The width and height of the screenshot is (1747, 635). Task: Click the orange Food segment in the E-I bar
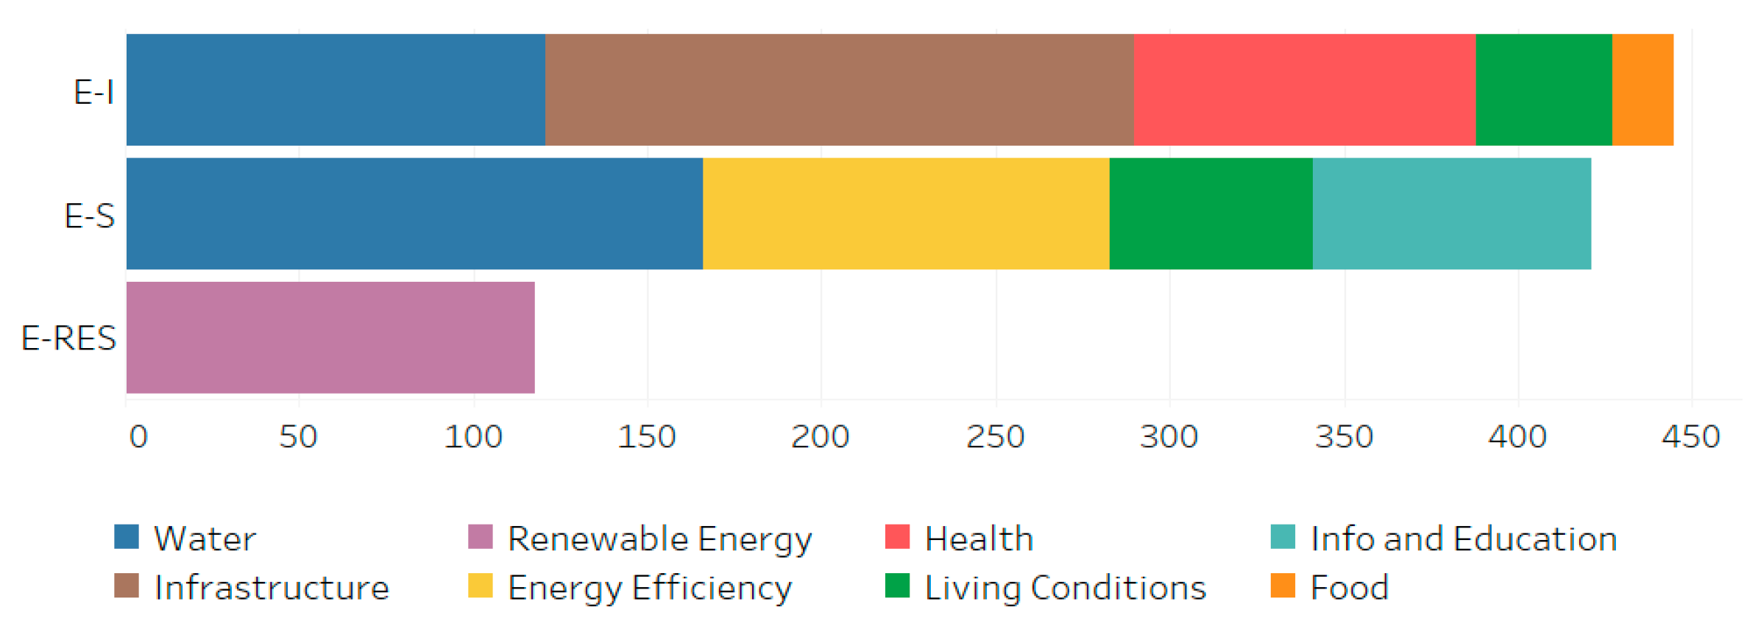[x=1643, y=90]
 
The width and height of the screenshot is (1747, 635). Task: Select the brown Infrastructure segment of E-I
[x=839, y=90]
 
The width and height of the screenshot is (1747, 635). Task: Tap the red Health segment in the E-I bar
[x=1304, y=90]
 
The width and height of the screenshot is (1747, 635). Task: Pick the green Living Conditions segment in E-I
[x=1543, y=90]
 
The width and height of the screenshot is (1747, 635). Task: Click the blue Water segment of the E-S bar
[x=414, y=213]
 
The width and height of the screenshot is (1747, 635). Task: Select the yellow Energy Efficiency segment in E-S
[x=906, y=213]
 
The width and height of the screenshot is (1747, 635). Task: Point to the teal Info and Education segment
[x=1451, y=213]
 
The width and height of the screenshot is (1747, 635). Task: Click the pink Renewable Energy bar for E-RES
[x=330, y=338]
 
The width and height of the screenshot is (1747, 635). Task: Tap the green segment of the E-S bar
[x=1211, y=213]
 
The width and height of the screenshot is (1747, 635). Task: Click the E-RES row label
[x=68, y=338]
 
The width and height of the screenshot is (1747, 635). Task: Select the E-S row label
[x=89, y=216]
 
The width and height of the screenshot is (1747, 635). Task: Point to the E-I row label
[x=93, y=92]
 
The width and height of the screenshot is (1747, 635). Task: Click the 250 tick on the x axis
[x=995, y=436]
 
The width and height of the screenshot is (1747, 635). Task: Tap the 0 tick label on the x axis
[x=138, y=436]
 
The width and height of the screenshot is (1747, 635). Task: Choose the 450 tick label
[x=1690, y=436]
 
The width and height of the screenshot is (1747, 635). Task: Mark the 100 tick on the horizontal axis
[x=473, y=436]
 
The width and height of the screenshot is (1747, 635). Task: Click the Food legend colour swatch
[x=1283, y=586]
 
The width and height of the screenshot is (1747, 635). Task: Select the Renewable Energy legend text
[x=659, y=539]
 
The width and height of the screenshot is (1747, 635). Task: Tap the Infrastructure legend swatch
[x=127, y=586]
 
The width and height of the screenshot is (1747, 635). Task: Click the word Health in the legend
[x=979, y=539]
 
